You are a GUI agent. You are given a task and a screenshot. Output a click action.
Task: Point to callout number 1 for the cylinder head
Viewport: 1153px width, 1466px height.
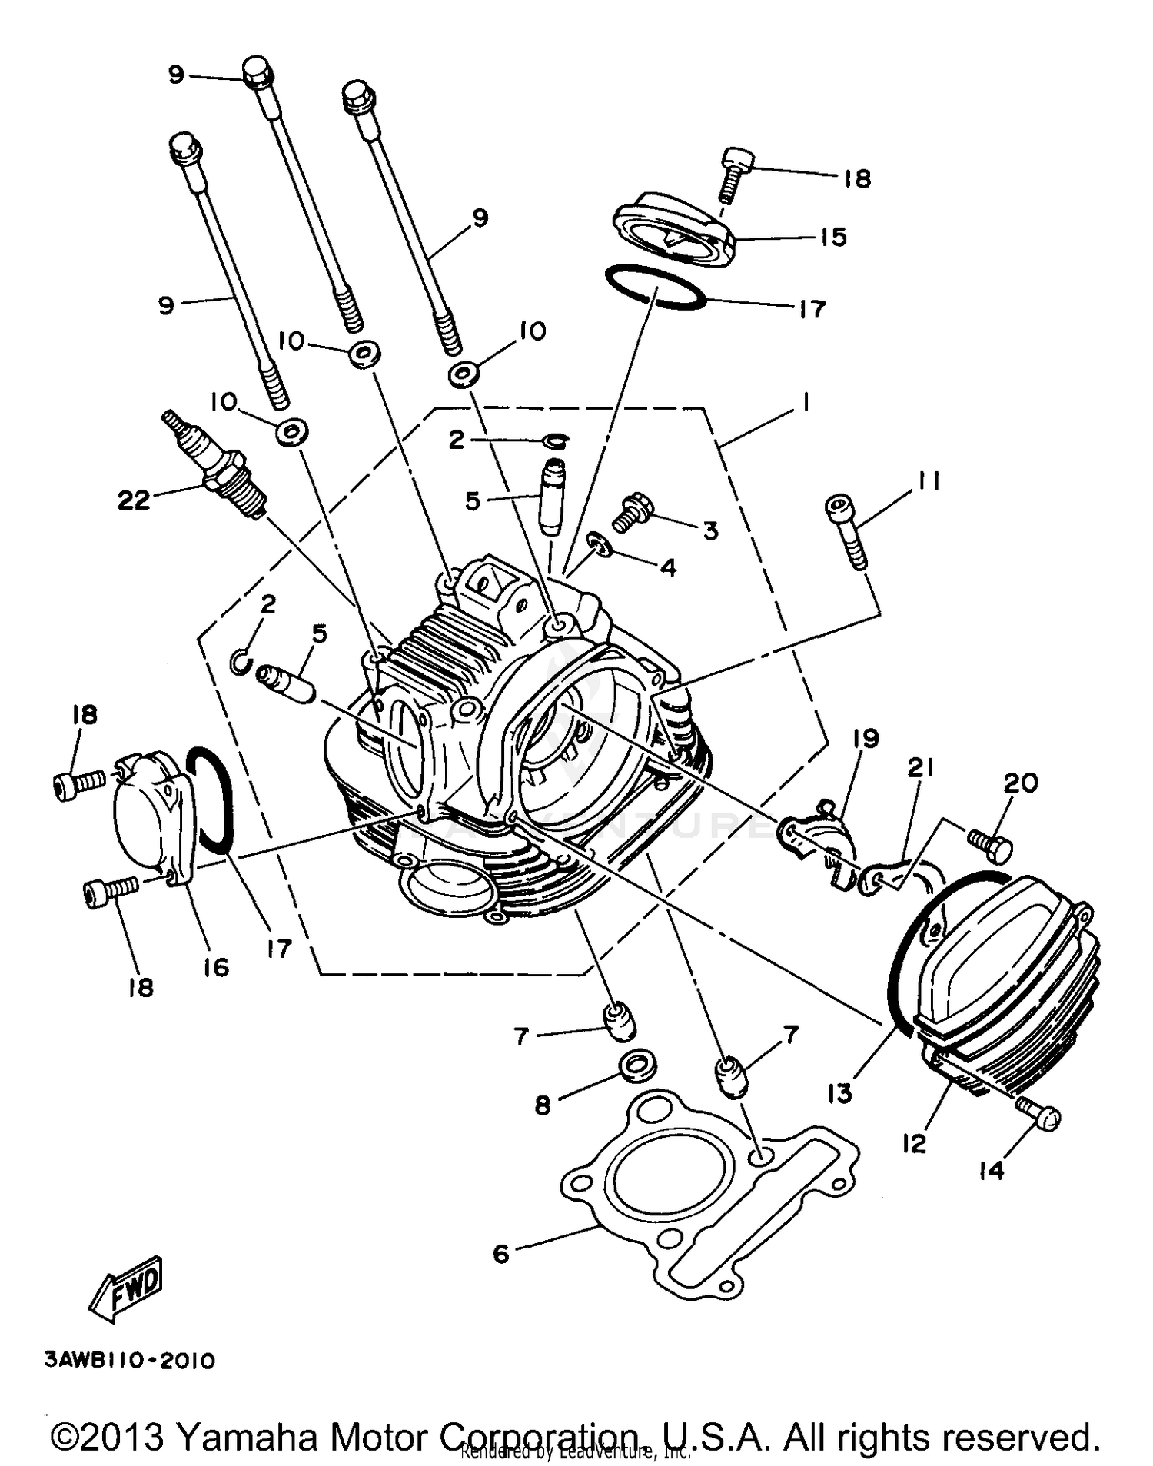[x=805, y=402]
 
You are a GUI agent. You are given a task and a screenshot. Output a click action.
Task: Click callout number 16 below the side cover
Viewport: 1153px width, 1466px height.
[x=216, y=966]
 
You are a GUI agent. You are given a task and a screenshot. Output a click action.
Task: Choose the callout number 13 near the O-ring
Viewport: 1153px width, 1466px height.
[x=840, y=1092]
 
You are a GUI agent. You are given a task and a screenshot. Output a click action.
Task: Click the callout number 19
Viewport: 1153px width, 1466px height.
[x=866, y=739]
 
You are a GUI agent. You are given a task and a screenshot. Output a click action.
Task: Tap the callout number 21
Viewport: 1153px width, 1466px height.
[x=920, y=767]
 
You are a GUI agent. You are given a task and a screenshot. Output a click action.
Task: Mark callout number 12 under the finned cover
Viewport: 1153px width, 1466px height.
[x=914, y=1143]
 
